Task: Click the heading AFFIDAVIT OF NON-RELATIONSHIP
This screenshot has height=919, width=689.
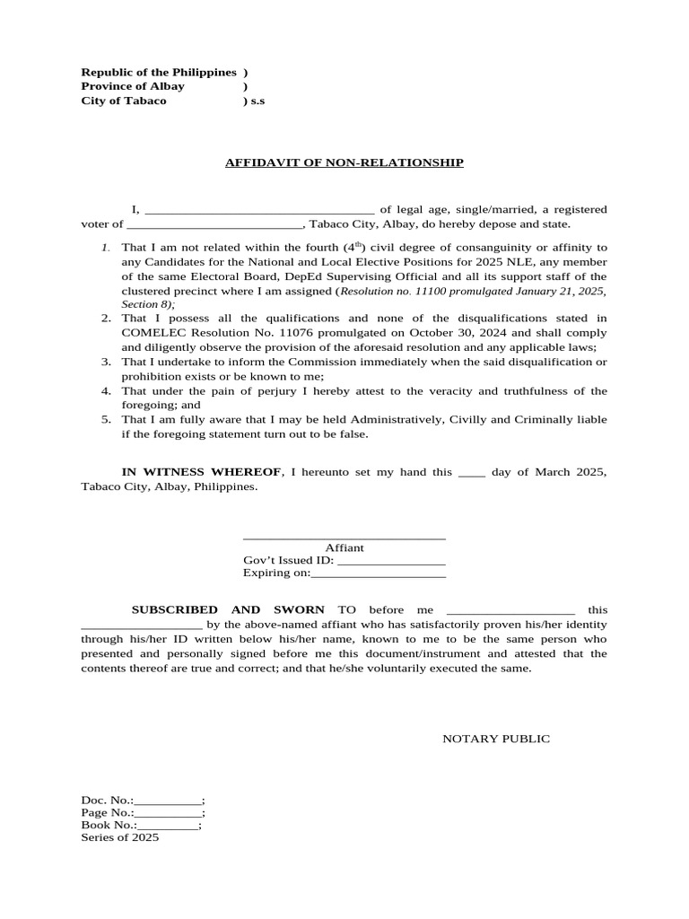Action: tap(344, 162)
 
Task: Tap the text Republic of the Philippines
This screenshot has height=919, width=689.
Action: tap(159, 72)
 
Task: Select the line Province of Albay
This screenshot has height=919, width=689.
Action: tap(133, 86)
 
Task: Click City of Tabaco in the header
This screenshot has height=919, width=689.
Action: tap(124, 101)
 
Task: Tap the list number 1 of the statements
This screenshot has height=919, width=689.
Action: tap(105, 248)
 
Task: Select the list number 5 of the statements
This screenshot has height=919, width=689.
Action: tap(105, 419)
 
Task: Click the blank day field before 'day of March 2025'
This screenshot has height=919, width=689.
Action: tap(471, 473)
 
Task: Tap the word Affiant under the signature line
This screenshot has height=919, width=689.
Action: tap(344, 547)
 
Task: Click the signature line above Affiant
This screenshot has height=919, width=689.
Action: tap(344, 538)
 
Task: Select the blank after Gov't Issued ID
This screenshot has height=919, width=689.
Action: tap(391, 562)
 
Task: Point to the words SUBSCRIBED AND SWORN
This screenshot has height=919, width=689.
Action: tap(228, 609)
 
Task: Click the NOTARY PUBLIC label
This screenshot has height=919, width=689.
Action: tap(496, 739)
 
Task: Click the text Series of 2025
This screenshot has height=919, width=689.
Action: tap(120, 836)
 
